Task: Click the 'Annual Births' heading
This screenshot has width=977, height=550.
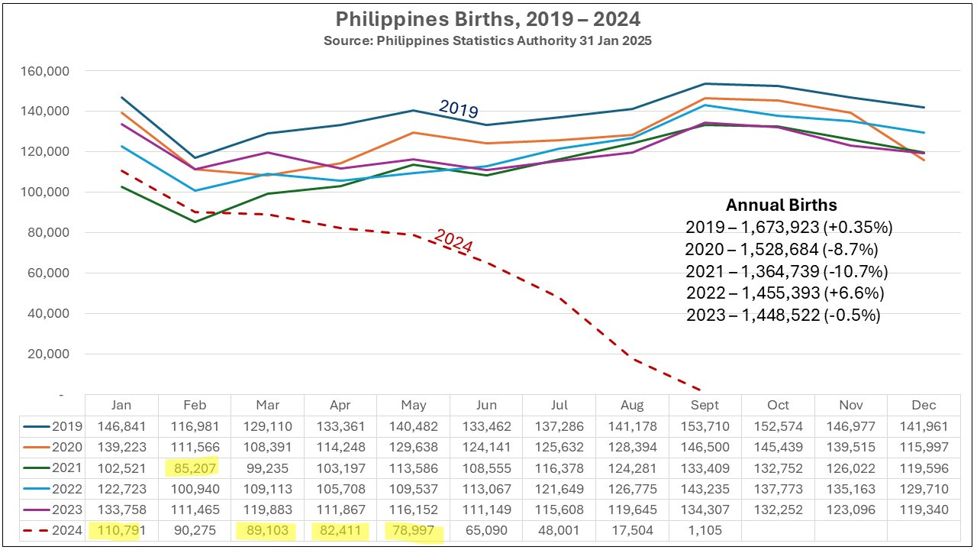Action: tap(781, 205)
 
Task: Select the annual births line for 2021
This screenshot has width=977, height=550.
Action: tap(786, 271)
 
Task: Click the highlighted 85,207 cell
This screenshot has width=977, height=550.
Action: tap(195, 467)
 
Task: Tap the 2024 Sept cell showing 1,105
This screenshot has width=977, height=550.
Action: tap(705, 529)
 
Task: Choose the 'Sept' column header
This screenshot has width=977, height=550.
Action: tap(705, 406)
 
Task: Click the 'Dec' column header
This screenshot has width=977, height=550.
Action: tap(924, 406)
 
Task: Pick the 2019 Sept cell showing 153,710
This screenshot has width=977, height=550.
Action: tap(705, 426)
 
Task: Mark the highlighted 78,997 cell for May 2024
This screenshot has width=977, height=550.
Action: tap(413, 529)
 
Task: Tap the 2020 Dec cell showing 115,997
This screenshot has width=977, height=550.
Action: tap(924, 447)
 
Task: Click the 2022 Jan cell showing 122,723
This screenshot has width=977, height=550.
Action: tap(121, 488)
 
